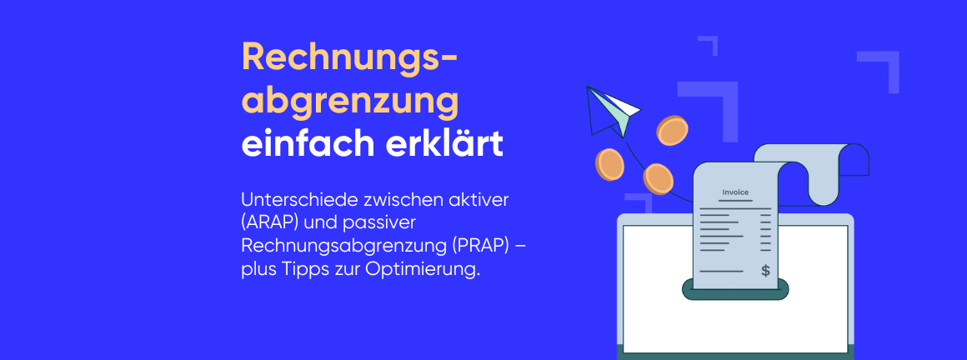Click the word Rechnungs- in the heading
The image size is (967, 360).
[349, 57]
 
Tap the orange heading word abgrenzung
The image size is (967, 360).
[350, 102]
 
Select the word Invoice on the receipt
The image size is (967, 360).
[734, 192]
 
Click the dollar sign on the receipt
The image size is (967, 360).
[765, 270]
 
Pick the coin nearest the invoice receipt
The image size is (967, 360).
[658, 177]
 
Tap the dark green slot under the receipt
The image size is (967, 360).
[734, 291]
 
